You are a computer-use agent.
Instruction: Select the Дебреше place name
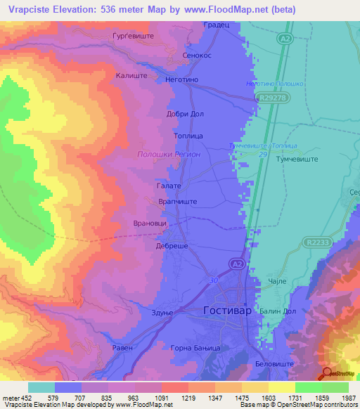172,246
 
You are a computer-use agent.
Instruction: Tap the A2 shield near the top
284,39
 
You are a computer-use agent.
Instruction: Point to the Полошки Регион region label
169,154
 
